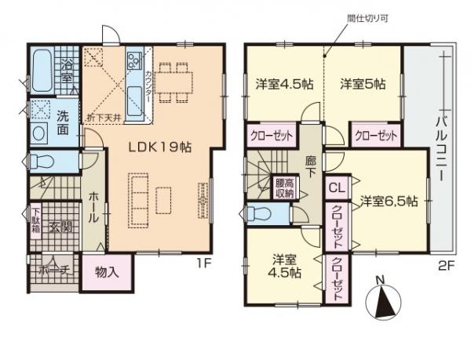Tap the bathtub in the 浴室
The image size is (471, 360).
point(41,70)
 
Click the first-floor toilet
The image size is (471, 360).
point(43,162)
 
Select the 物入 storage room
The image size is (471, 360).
point(108,272)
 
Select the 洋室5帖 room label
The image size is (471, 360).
point(362,84)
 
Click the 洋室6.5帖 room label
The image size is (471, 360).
point(389,201)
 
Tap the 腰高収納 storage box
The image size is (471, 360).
point(284,189)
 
